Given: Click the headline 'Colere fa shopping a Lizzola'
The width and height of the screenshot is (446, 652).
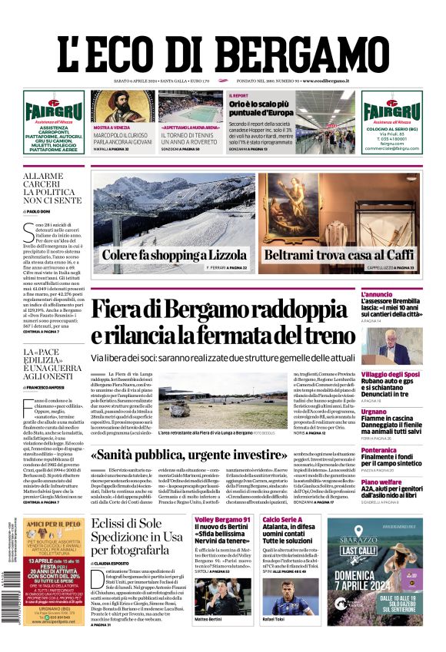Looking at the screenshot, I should (173, 256).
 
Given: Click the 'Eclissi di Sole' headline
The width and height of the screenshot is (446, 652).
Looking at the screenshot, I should (127, 525).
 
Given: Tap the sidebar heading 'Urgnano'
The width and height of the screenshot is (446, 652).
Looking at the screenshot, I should (396, 412).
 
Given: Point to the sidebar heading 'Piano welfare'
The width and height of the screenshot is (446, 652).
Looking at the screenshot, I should (402, 482).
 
